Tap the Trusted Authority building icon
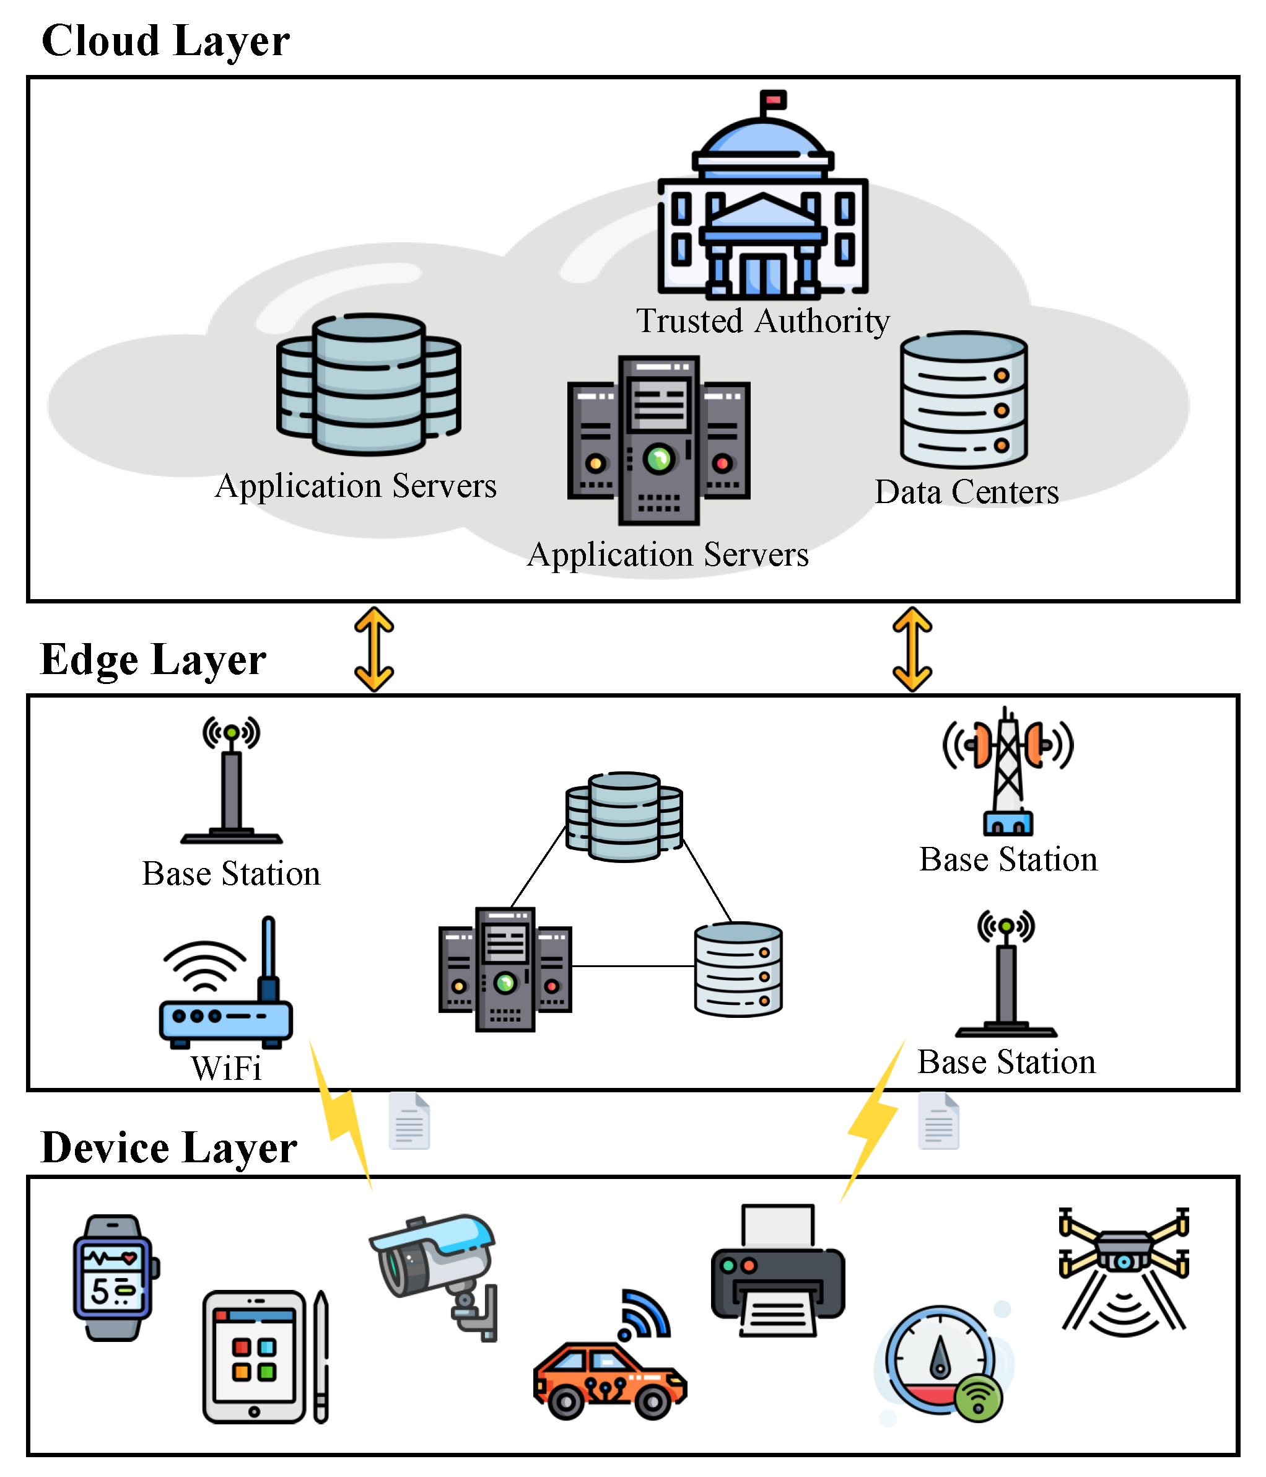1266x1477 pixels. click(x=762, y=214)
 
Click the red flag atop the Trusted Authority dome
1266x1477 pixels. click(x=773, y=99)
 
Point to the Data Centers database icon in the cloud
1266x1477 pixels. click(x=963, y=399)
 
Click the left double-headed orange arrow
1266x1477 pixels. click(x=374, y=649)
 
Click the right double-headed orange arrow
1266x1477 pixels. click(x=912, y=649)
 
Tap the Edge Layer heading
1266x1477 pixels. click(x=153, y=659)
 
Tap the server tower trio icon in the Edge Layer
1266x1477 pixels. click(x=505, y=970)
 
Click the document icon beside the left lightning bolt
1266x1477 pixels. click(x=409, y=1121)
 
